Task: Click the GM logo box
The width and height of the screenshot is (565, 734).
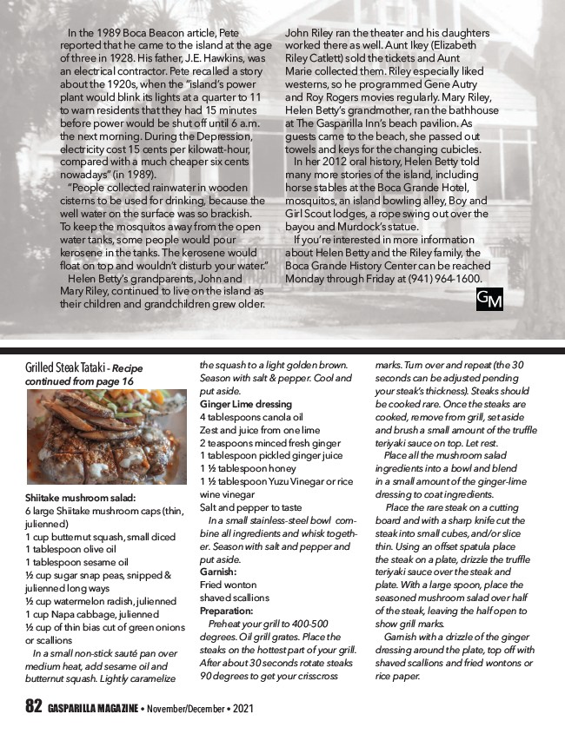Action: [489, 299]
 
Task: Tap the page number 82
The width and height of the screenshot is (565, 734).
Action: [33, 707]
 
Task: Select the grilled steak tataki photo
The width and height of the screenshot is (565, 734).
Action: [107, 437]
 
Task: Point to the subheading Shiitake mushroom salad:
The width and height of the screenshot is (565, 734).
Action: [81, 499]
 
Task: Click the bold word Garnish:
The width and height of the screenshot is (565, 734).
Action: [218, 572]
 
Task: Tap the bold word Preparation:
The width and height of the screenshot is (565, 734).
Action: [226, 611]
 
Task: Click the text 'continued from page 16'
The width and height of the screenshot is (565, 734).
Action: [79, 380]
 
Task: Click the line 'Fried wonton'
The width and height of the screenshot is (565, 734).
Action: [228, 585]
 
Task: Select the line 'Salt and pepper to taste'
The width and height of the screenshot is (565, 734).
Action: [251, 507]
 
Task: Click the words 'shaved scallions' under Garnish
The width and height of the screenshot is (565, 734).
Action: [235, 598]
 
